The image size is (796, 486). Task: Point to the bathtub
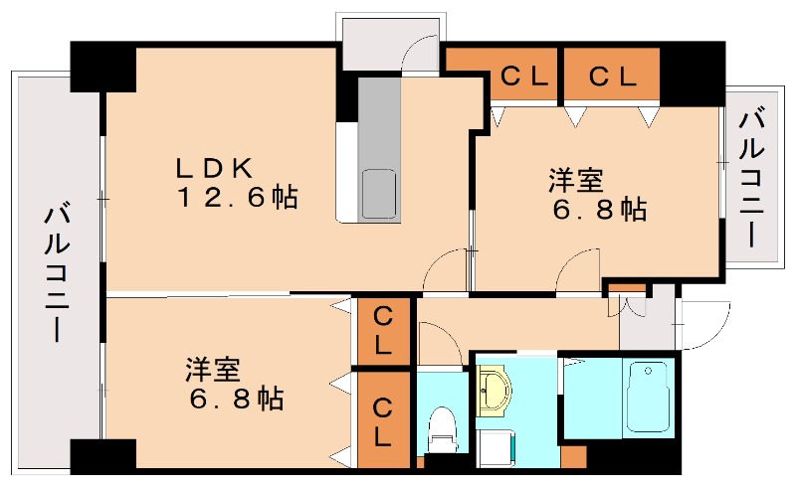click(x=649, y=397)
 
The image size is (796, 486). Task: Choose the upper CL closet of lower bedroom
click(x=382, y=331)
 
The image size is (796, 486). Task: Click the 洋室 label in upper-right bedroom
click(x=575, y=180)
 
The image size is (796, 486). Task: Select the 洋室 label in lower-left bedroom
click(x=212, y=370)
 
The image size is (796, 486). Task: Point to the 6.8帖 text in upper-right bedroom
click(x=600, y=211)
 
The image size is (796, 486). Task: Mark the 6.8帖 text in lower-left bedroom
click(x=237, y=401)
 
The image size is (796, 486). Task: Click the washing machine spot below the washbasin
click(x=493, y=444)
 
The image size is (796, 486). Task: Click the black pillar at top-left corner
click(x=102, y=68)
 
